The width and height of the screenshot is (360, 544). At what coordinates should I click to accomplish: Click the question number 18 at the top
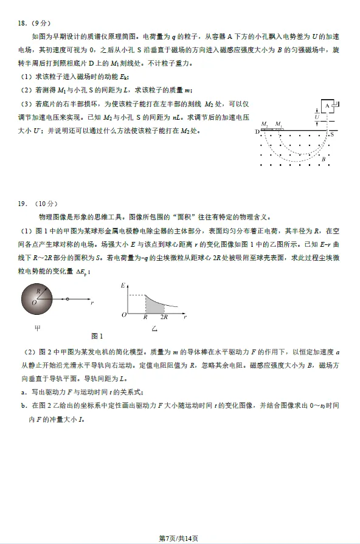tap(22, 24)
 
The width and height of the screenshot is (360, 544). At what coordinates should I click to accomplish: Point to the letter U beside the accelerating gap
tap(317, 116)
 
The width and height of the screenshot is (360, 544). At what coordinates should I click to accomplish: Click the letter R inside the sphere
tap(38, 292)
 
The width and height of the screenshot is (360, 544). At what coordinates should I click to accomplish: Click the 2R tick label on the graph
tap(164, 318)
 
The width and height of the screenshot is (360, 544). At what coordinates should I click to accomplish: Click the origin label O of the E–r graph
tap(123, 315)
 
